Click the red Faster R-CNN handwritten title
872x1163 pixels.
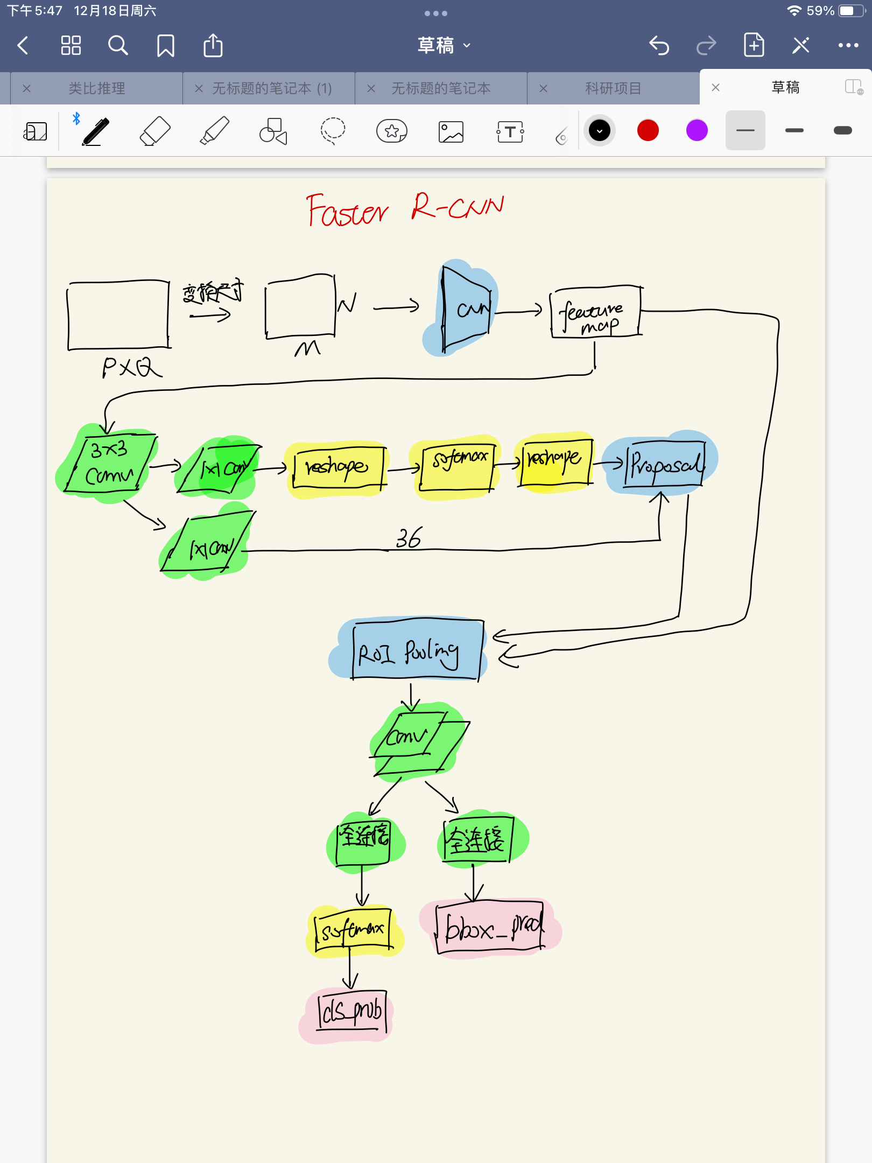pos(405,209)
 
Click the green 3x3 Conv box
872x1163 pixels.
pos(110,464)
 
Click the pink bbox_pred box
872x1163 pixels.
pos(491,928)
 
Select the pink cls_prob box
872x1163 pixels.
pos(351,1011)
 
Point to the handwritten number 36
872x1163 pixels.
pos(409,538)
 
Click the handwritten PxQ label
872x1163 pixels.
pos(131,368)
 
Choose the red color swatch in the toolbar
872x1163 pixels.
pos(648,131)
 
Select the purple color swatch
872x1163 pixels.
pos(697,131)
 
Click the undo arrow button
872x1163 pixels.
pos(659,46)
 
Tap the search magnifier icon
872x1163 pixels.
pos(118,46)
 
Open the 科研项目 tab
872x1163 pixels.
pos(613,88)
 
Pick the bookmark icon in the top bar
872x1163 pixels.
pos(166,46)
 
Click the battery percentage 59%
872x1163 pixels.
pos(820,11)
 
